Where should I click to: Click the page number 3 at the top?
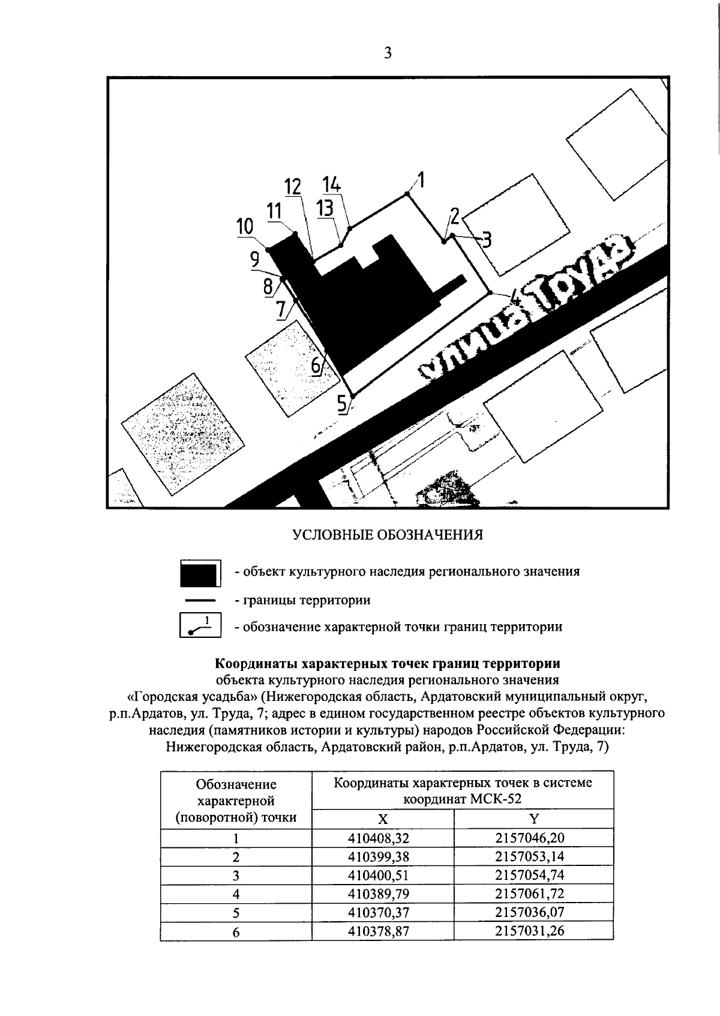click(388, 53)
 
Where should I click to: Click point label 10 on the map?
click(245, 227)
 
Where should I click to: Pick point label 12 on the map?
click(293, 187)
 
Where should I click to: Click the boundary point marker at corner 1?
click(407, 194)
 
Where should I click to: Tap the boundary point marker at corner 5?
click(353, 397)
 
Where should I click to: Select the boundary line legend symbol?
click(200, 600)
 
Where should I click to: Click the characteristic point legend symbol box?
click(200, 626)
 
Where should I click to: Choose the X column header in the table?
click(383, 819)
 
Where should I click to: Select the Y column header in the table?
click(533, 819)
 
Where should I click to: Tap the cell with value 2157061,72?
click(530, 894)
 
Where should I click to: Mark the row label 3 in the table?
click(236, 876)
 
